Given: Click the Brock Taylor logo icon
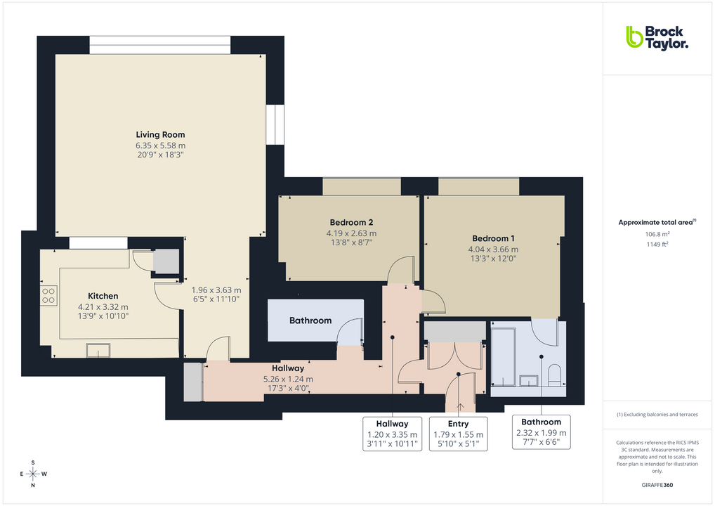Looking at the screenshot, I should [634, 37].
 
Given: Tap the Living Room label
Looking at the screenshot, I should [160, 134].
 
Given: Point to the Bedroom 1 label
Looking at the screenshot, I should [493, 238].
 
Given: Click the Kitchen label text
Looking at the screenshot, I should [103, 296].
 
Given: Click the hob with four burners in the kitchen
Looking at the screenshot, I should [48, 295].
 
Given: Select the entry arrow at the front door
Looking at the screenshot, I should [460, 406].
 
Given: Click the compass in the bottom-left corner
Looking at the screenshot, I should [33, 474].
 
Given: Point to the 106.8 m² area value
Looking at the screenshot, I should [657, 234].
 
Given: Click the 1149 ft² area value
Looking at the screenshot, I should [657, 245].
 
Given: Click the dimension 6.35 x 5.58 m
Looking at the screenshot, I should [160, 145].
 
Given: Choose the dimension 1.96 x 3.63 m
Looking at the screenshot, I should [216, 290].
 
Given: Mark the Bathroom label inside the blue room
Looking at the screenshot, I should [310, 320].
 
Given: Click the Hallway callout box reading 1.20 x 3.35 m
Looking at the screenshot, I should [392, 433].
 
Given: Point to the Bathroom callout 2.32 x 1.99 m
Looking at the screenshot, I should [541, 433].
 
